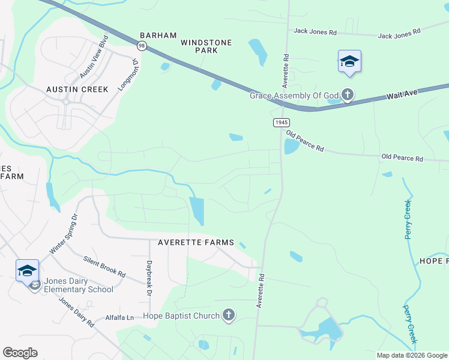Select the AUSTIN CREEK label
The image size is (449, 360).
pos(77,89)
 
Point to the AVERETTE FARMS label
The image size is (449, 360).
pos(196,242)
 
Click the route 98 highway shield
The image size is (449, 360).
pos(141,46)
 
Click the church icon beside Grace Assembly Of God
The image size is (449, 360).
pos(347,95)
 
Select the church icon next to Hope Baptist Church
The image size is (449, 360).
pos(228,315)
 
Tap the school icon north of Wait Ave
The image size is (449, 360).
pos(349,61)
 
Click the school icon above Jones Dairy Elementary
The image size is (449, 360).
pos(27,271)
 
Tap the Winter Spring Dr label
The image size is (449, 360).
pos(64,233)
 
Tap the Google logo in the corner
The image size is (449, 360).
pos(20,353)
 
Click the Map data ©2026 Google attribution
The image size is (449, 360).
pos(411,355)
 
